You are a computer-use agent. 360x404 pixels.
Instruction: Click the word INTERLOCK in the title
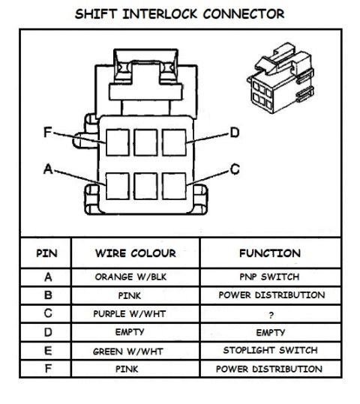[x=160, y=13]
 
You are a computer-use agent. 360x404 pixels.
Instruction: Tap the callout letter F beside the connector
[x=48, y=132]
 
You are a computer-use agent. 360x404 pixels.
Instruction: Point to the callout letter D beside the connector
[x=235, y=133]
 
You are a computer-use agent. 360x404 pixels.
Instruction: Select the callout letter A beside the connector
[x=48, y=169]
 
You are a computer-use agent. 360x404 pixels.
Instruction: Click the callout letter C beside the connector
[x=235, y=169]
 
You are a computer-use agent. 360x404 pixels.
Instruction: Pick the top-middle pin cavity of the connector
[x=145, y=142]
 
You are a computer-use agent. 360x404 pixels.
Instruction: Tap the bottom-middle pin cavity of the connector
[x=145, y=186]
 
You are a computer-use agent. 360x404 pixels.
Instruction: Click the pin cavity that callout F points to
[x=118, y=142]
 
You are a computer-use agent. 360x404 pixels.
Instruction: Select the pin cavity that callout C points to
[x=174, y=186]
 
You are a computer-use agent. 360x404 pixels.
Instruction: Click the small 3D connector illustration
[x=281, y=78]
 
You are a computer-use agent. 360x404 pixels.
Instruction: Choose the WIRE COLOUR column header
[x=136, y=253]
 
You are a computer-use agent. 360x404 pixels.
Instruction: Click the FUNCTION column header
[x=270, y=253]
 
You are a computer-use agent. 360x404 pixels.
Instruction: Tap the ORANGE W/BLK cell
[x=130, y=277]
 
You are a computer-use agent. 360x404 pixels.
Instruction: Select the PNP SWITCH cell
[x=269, y=277]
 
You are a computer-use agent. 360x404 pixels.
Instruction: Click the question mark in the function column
[x=271, y=315]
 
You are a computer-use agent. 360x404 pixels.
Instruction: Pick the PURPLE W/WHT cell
[x=130, y=314]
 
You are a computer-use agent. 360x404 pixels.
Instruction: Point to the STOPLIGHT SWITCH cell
[x=270, y=351]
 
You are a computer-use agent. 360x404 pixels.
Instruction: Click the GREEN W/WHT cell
[x=128, y=352]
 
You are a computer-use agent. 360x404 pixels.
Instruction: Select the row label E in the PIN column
[x=48, y=351]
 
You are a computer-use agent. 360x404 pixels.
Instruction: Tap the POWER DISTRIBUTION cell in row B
[x=271, y=295]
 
